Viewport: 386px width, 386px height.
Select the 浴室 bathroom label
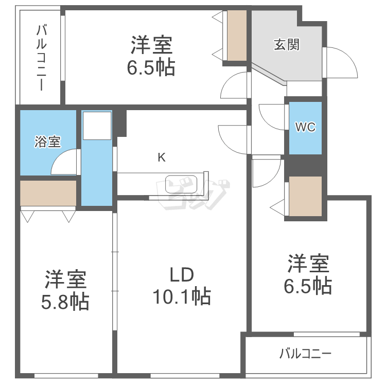(48, 142)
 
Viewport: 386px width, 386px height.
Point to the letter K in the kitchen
(161, 158)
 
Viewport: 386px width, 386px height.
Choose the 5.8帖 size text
(65, 301)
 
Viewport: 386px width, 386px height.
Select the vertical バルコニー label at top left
(41, 57)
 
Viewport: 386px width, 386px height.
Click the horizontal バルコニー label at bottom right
(306, 354)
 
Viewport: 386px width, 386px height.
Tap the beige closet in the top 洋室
(237, 34)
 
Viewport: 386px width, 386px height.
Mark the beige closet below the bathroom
(48, 192)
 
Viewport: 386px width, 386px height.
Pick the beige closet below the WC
(305, 196)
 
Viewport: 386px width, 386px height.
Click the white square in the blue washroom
(97, 125)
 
